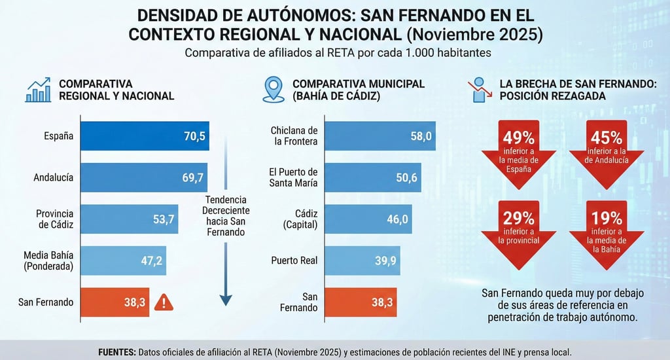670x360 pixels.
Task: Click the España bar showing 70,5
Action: pyautogui.click(x=145, y=136)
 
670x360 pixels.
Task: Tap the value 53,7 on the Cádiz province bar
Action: pyautogui.click(x=165, y=219)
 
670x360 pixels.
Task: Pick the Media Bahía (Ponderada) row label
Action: pyautogui.click(x=48, y=261)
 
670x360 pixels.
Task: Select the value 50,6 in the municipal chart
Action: pyautogui.click(x=405, y=177)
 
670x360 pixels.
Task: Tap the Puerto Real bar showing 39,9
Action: pyautogui.click(x=360, y=261)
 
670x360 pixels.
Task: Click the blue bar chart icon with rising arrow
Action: pyautogui.click(x=38, y=90)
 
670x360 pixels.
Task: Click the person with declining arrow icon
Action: pyautogui.click(x=481, y=90)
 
